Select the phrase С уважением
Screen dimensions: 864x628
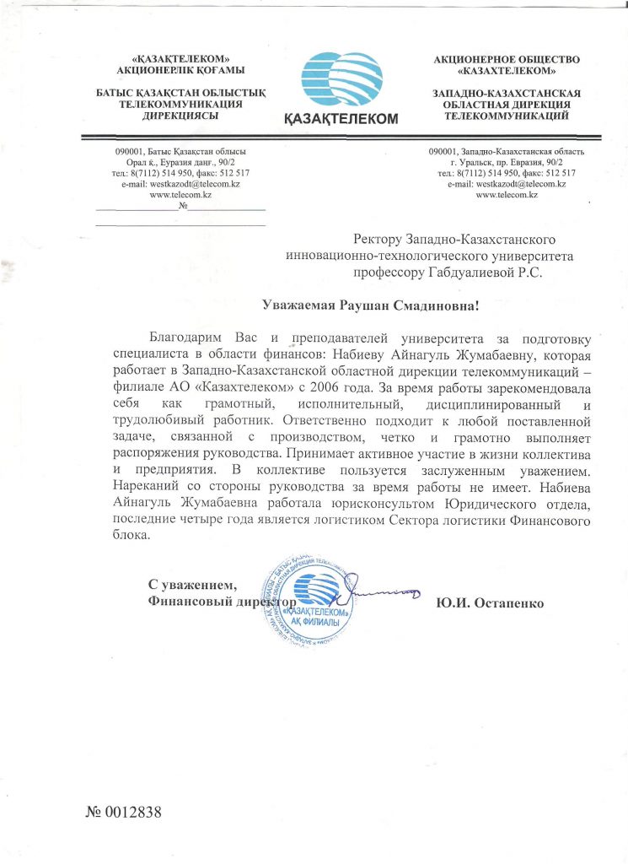coord(192,585)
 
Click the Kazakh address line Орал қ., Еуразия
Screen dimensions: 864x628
coord(180,161)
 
